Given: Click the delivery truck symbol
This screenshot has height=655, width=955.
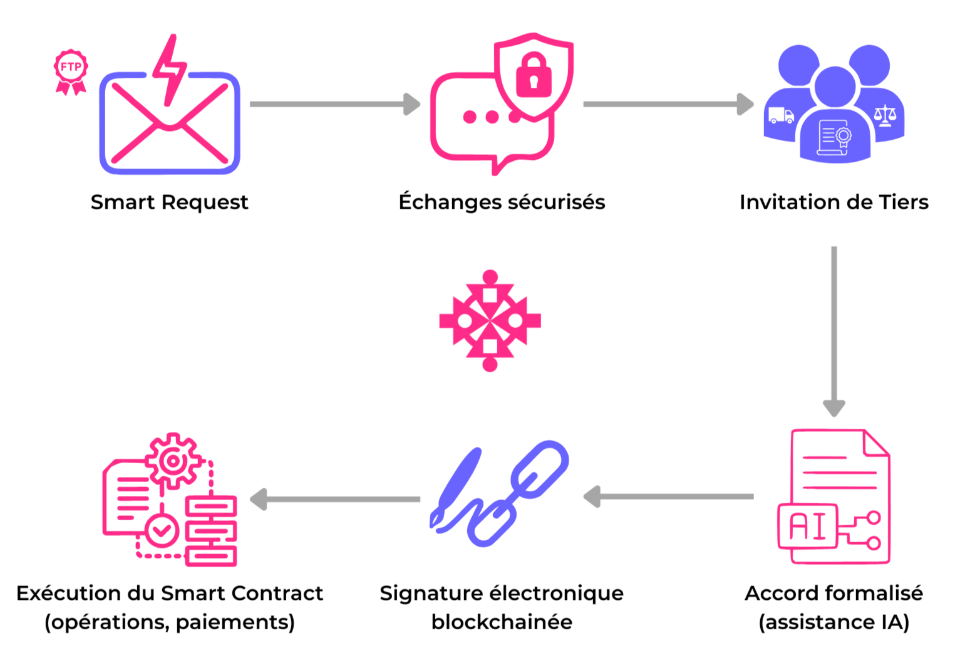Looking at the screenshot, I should [781, 116].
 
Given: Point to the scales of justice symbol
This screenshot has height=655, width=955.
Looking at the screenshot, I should [885, 116].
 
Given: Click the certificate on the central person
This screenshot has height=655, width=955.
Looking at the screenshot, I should [835, 137].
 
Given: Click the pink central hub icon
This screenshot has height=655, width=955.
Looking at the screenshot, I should [490, 321].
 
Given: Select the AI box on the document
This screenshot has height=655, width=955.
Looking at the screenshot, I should [807, 526].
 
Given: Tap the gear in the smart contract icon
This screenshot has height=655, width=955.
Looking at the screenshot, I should [173, 461].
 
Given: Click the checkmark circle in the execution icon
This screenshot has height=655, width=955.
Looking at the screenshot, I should [162, 531].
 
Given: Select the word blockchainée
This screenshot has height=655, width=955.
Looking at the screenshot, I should [502, 622].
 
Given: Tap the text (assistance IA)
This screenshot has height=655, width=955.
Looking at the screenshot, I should [834, 622].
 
